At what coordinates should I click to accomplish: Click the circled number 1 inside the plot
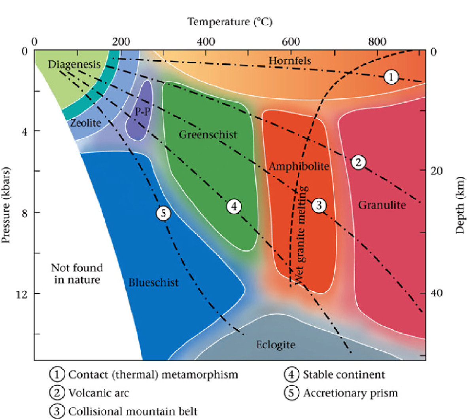(391, 77)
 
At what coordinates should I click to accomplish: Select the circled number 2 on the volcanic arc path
(358, 162)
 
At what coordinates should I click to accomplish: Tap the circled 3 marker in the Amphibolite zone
(319, 205)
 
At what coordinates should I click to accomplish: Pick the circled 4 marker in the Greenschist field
(234, 207)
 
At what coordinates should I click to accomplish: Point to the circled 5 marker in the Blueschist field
(163, 213)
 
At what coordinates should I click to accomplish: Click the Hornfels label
(290, 61)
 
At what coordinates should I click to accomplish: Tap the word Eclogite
(276, 345)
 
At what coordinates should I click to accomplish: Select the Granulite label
(382, 205)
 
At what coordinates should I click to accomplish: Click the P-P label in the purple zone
(142, 112)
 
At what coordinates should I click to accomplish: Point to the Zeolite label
(85, 123)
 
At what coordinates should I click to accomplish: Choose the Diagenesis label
(74, 64)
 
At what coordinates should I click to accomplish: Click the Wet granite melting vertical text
(300, 235)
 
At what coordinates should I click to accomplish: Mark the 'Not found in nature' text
(77, 273)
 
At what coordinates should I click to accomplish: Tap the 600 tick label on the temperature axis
(291, 42)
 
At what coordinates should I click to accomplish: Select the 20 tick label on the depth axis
(437, 171)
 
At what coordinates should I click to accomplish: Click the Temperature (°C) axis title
(230, 22)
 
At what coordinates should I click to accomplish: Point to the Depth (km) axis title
(460, 205)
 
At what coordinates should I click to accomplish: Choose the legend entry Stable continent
(344, 375)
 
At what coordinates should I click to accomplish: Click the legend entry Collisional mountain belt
(133, 411)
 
